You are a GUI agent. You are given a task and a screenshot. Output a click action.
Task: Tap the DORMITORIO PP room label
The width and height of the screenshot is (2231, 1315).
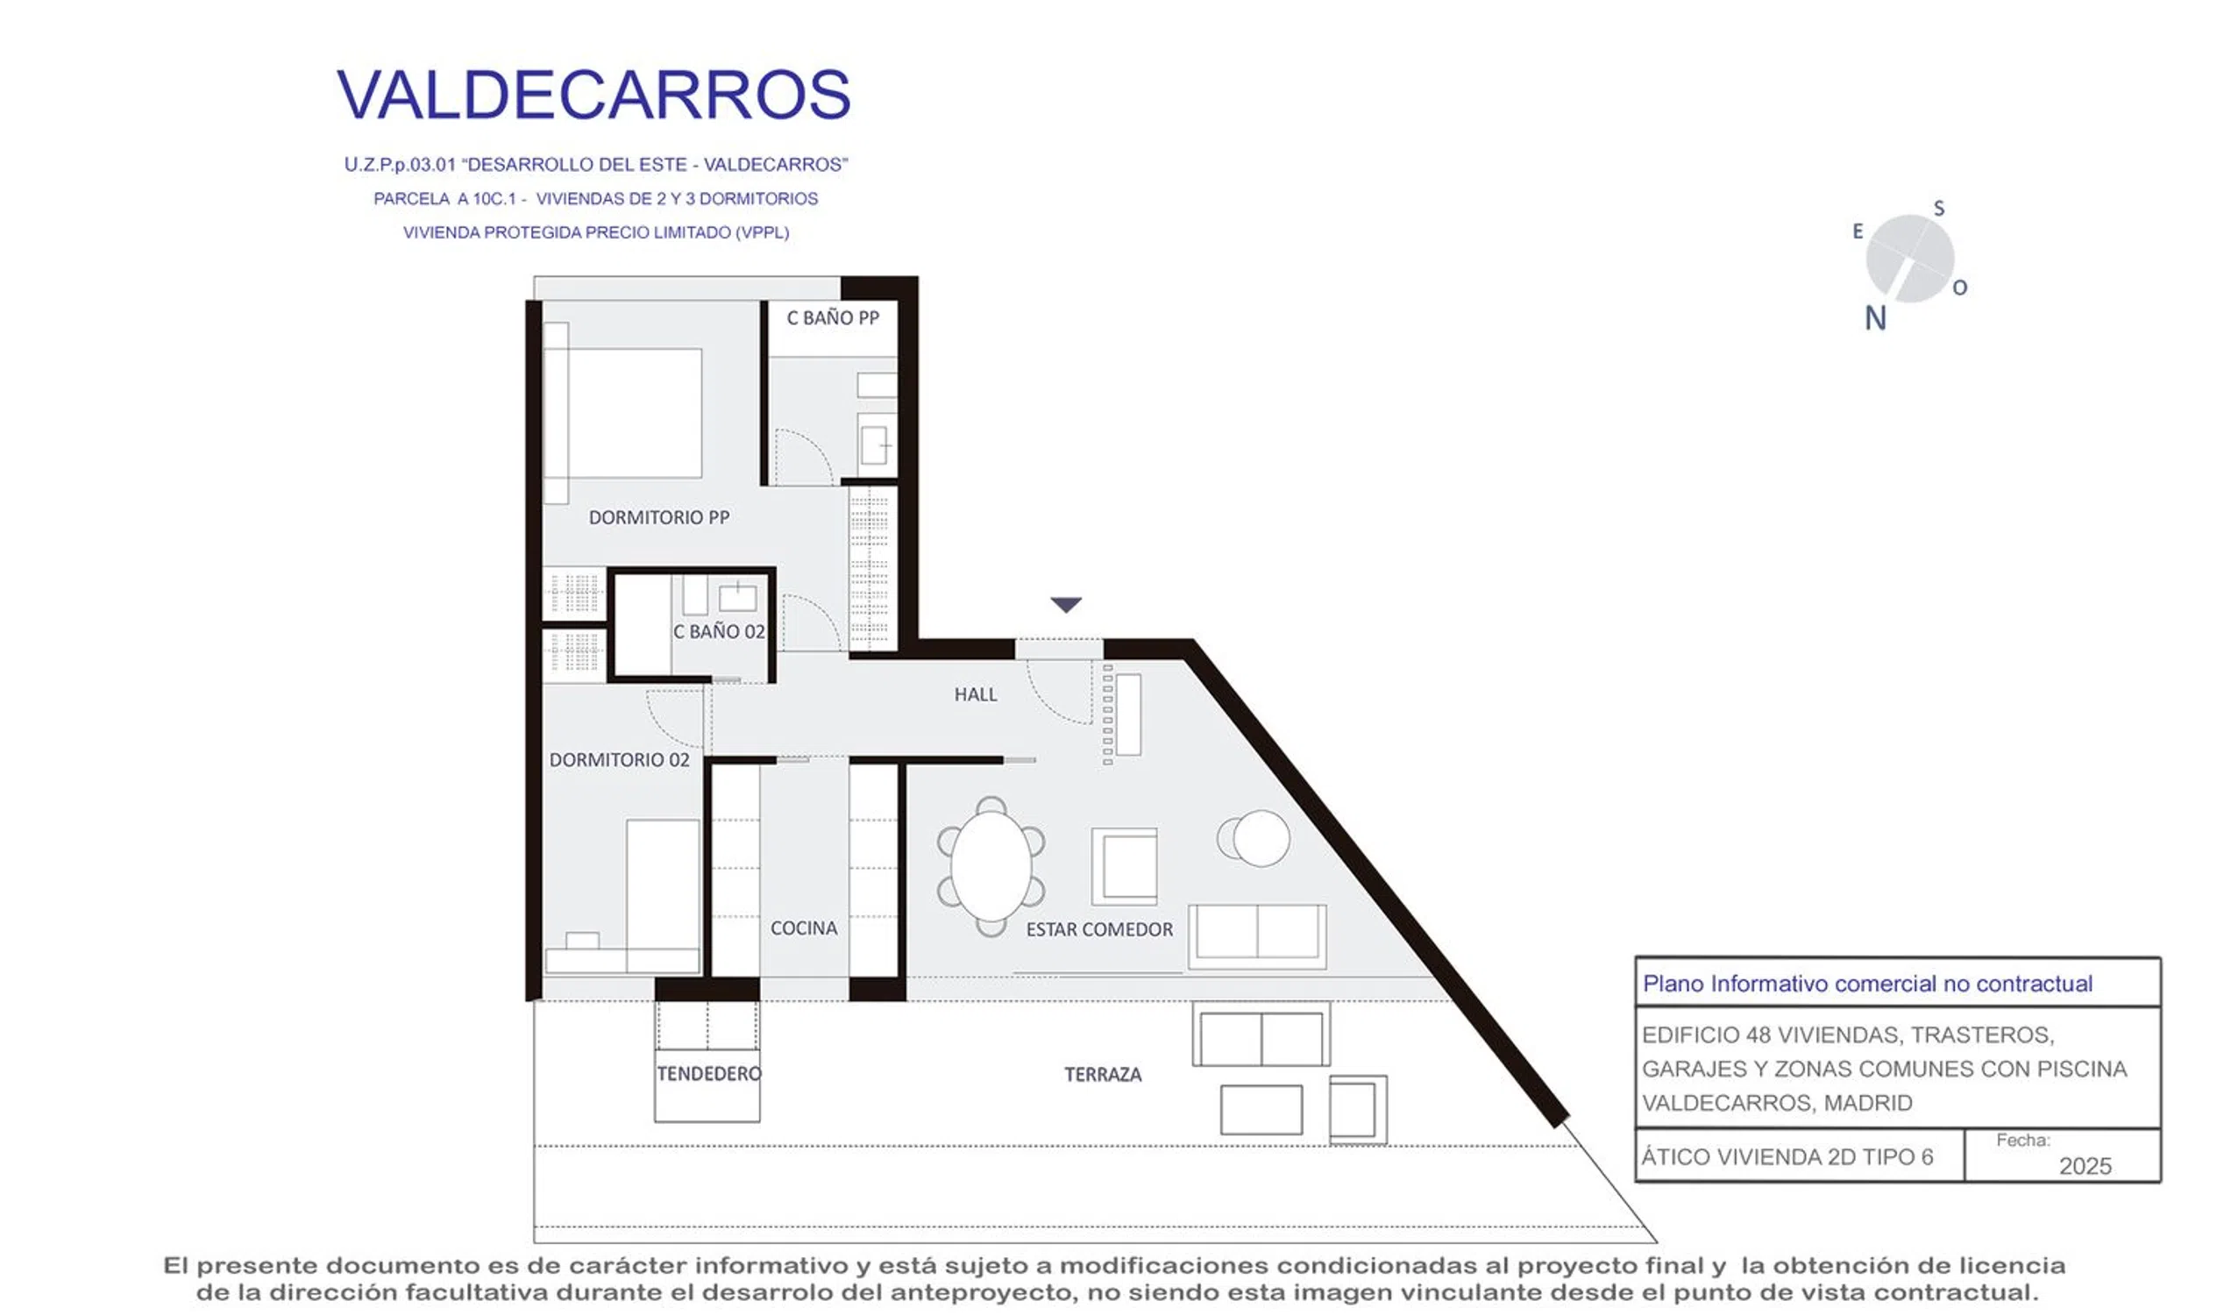(x=659, y=517)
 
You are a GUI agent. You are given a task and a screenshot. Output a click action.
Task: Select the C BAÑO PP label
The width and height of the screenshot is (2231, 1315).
(x=833, y=318)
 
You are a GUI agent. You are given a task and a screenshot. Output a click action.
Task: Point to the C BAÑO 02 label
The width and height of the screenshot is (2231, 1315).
(x=719, y=631)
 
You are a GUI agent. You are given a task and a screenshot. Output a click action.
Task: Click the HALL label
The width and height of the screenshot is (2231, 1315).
(x=976, y=694)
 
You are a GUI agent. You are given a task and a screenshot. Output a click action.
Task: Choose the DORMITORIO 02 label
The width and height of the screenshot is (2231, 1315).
(x=619, y=760)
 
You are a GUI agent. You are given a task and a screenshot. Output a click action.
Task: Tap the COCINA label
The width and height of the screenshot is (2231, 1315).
(x=804, y=928)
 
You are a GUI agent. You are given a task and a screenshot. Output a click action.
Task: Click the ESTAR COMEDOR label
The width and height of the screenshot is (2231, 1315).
(x=1099, y=929)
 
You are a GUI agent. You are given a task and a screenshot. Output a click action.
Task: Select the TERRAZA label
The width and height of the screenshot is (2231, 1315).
(x=1103, y=1075)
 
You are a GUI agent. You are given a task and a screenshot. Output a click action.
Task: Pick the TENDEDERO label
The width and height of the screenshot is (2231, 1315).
(x=709, y=1074)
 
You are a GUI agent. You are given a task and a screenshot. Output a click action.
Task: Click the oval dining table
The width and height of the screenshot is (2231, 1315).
(x=991, y=866)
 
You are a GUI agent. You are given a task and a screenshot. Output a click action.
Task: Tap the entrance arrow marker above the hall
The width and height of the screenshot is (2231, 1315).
(x=1066, y=605)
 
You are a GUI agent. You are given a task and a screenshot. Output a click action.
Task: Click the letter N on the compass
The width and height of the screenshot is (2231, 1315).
(x=1875, y=318)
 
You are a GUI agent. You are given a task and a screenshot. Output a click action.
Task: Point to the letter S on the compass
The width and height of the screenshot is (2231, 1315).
(x=1938, y=209)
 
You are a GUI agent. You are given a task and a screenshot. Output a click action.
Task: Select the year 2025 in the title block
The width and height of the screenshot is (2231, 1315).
(x=2085, y=1166)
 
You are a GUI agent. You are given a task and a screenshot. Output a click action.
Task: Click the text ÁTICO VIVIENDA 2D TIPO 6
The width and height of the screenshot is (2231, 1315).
(x=1787, y=1157)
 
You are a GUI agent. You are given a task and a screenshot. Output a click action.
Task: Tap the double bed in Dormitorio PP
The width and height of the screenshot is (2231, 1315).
(x=623, y=413)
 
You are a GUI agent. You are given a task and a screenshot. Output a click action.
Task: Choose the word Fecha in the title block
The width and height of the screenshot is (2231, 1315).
(x=2022, y=1141)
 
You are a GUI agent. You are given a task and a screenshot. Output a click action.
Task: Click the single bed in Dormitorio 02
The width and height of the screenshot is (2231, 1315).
(x=663, y=896)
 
